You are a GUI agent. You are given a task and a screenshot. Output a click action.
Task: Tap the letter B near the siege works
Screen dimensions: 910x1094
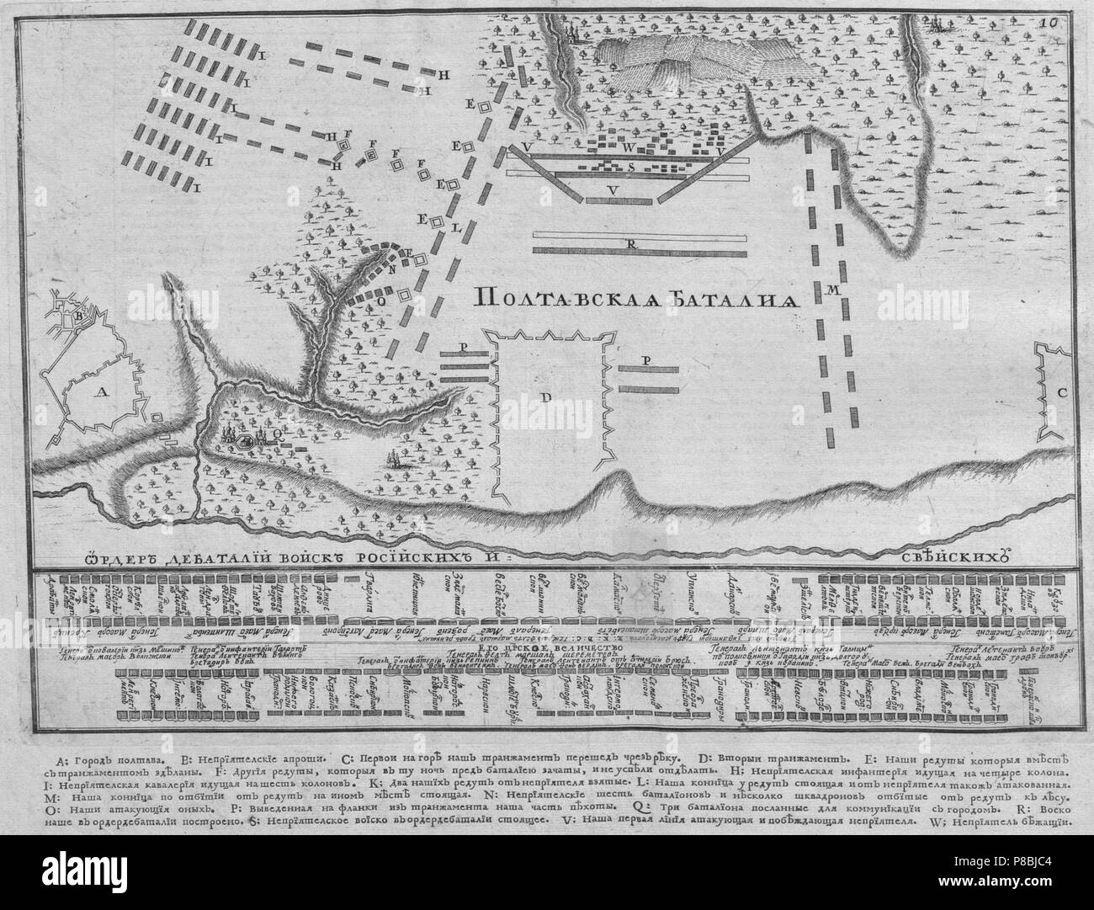point(77,317)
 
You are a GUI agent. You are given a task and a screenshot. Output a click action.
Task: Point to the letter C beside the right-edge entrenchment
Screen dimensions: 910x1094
point(1062,391)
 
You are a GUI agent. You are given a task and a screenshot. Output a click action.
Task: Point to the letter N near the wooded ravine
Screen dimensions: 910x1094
point(392,269)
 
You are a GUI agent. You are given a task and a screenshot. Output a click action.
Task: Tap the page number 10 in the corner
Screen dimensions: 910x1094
point(1070,23)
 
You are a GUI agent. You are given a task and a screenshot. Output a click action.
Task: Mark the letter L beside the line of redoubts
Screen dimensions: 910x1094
point(455,229)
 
